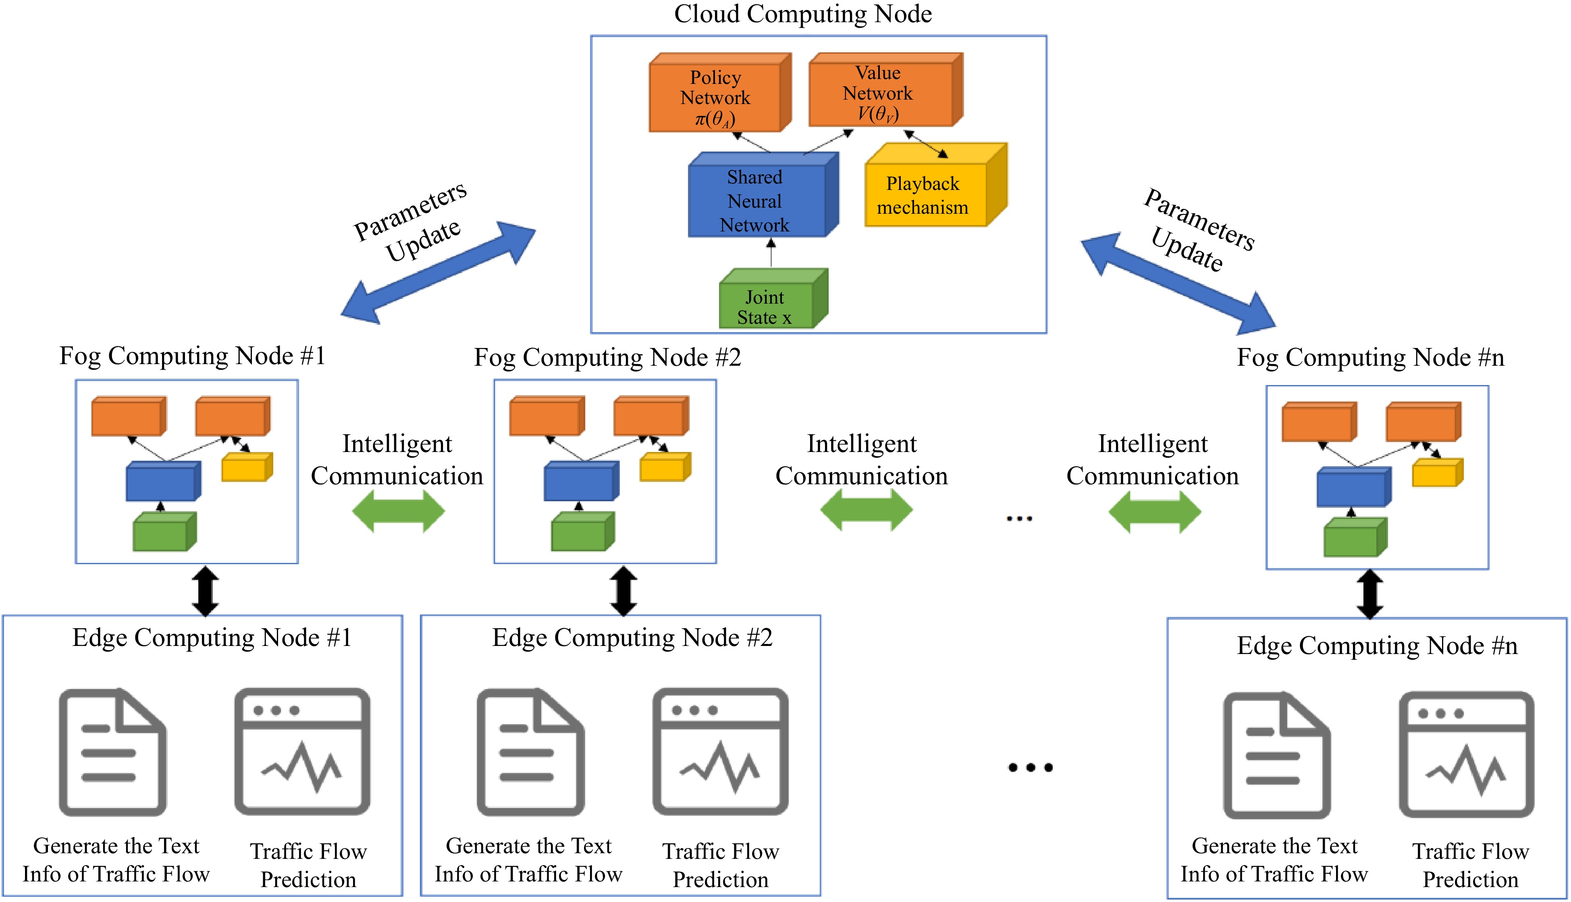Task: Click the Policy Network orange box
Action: click(715, 96)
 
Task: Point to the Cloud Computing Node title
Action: click(802, 14)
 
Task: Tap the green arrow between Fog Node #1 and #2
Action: click(398, 511)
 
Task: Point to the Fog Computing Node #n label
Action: click(1370, 358)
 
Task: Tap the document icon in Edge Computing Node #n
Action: click(1276, 755)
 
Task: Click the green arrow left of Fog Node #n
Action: click(1154, 512)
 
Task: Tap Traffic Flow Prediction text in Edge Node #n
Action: click(1470, 865)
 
